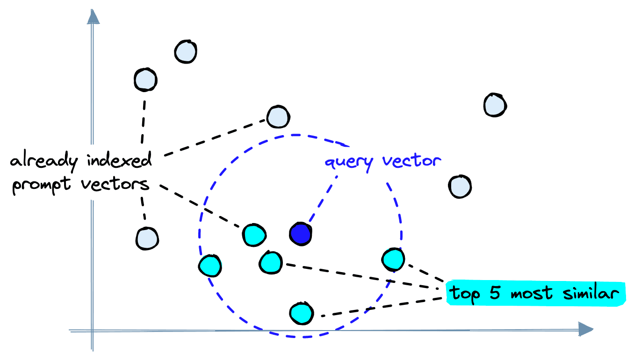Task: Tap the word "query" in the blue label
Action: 349,162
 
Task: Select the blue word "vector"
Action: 411,161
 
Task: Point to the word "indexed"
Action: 119,160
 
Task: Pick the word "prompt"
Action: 41,185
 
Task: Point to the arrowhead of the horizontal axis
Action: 587,330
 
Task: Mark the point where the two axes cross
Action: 93,331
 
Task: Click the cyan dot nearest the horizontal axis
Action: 301,313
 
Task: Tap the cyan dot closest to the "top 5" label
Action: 393,259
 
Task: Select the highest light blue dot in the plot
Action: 186,51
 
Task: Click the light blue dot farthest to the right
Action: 495,104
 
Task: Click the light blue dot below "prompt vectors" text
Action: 147,238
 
